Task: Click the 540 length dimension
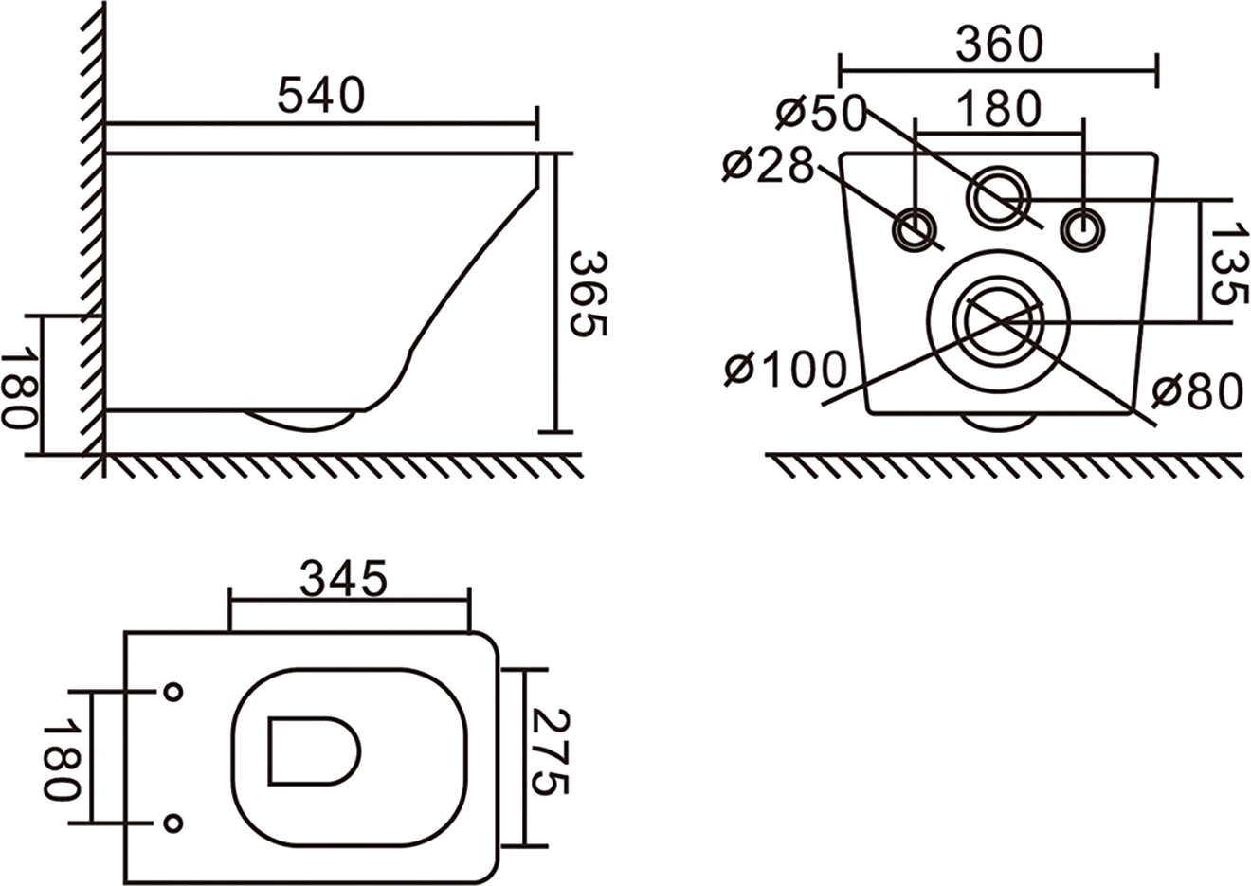click(x=321, y=96)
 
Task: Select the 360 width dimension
click(x=999, y=45)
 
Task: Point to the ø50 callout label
click(x=821, y=114)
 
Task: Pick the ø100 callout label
click(x=786, y=369)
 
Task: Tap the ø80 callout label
click(x=1197, y=391)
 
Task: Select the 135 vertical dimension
click(x=1228, y=263)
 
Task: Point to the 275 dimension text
click(x=549, y=751)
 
